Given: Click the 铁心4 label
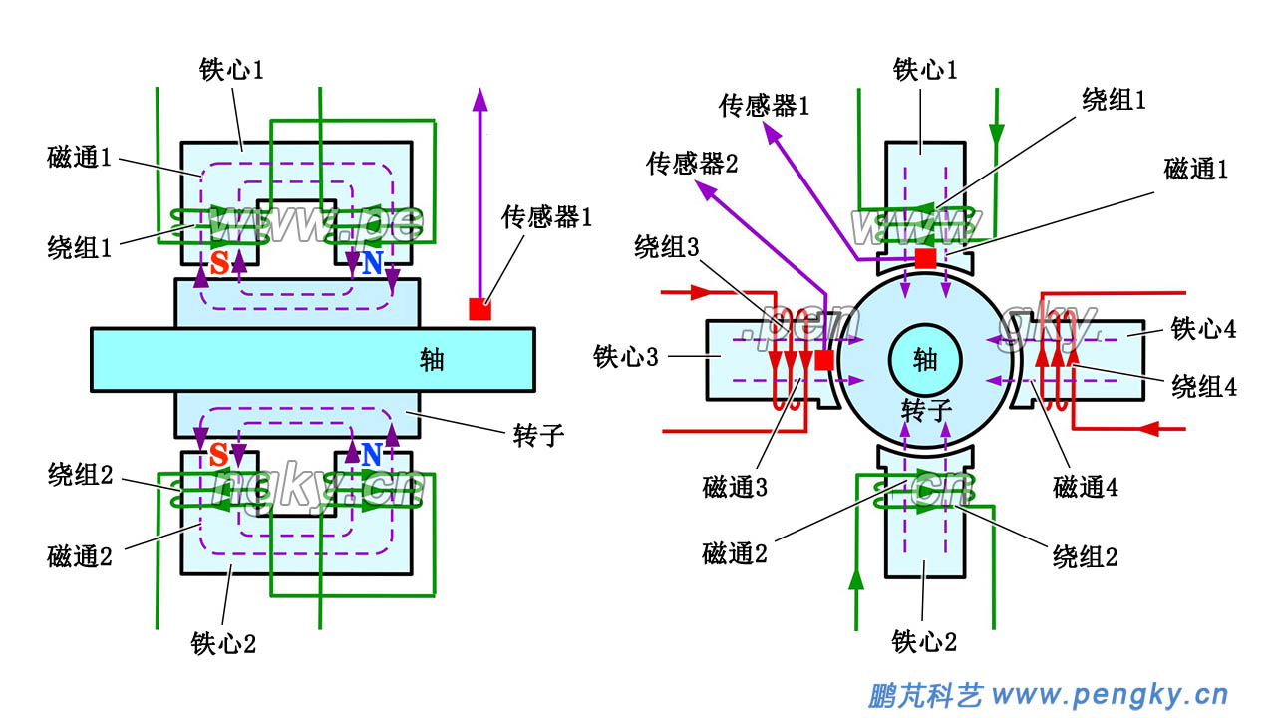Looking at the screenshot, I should point(1203,329).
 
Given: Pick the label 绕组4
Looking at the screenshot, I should point(1203,387).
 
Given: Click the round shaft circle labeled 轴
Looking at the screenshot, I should point(925,358).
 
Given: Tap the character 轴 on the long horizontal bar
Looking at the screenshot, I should point(432,360).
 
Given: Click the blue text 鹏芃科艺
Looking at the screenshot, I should point(926,694).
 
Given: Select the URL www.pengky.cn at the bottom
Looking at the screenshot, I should point(1112,694).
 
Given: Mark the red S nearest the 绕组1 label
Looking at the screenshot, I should point(219,263).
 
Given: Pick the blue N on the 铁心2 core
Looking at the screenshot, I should point(372,456).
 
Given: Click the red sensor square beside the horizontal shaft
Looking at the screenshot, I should point(479,309).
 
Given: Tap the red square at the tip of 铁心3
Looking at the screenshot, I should point(824,360).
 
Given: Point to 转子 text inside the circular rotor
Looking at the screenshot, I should point(925,409).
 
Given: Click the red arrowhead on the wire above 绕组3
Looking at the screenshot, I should point(698,294).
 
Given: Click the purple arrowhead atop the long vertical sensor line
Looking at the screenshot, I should point(480,99).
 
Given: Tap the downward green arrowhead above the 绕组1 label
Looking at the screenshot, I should point(995,133).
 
